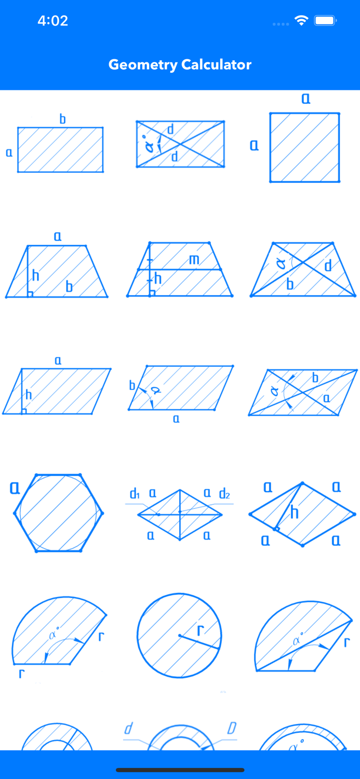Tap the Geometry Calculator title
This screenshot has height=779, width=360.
[180, 64]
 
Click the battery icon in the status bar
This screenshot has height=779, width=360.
[326, 21]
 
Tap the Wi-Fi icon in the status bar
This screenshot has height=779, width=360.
[301, 21]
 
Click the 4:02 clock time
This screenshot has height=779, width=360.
[53, 21]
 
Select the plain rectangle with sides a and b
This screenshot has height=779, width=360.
[60, 150]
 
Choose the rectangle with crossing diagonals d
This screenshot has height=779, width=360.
[180, 144]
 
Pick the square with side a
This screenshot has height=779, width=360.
[304, 147]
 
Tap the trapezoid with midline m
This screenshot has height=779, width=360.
[180, 270]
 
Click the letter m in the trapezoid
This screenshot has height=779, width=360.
[194, 259]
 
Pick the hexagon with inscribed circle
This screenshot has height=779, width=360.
[59, 513]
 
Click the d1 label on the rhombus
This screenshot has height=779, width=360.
[135, 493]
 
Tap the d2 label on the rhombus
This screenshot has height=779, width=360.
[224, 493]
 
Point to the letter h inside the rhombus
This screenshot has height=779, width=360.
[295, 513]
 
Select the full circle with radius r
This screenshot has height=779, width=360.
[179, 635]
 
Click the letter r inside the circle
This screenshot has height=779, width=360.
[201, 630]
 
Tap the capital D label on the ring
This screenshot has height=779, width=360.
[232, 728]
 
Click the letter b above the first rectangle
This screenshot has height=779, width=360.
[62, 119]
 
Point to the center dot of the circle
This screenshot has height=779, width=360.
[180, 635]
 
